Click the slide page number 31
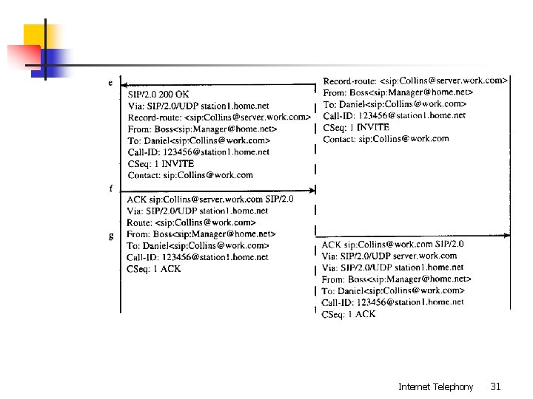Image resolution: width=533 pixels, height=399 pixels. [495, 386]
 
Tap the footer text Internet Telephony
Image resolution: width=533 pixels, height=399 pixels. [435, 386]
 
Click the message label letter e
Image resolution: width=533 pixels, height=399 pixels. [110, 83]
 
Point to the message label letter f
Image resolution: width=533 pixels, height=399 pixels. [111, 188]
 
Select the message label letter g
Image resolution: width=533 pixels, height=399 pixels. [111, 236]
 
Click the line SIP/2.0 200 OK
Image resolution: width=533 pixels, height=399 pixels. [159, 95]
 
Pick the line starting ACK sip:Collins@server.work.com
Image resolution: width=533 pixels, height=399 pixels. [210, 199]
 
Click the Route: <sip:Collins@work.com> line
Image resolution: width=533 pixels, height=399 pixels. [191, 222]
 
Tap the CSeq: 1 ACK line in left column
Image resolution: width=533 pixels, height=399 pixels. [154, 269]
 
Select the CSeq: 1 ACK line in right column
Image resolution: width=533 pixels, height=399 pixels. [349, 314]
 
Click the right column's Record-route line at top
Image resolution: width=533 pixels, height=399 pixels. [415, 80]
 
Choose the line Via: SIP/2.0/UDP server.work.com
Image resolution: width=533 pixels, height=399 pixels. [389, 256]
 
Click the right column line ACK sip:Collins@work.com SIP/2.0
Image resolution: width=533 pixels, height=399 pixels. [392, 244]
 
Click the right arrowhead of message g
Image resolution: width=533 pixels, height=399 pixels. [508, 236]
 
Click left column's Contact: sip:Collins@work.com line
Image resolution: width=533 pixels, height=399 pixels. [190, 175]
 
